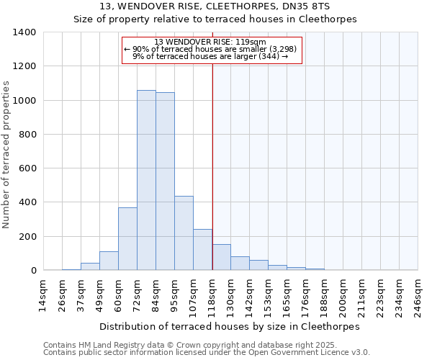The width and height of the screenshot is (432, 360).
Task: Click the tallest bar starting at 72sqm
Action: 146,180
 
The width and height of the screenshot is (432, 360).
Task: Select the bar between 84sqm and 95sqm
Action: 165,181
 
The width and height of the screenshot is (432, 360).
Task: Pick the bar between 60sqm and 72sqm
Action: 127,239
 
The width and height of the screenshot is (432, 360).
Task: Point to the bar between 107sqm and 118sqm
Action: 202,250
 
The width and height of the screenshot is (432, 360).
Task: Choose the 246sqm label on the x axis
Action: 418,294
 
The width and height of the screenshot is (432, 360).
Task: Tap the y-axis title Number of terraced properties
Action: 7,154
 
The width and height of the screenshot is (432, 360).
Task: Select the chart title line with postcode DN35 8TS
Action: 215,6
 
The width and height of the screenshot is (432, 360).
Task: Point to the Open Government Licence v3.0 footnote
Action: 207,353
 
